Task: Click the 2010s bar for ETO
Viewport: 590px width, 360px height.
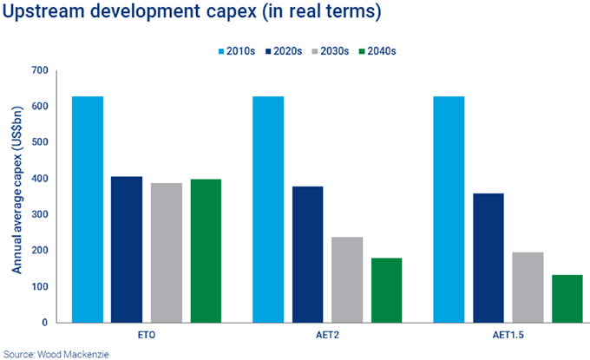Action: point(88,209)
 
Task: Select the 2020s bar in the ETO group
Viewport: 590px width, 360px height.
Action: point(127,250)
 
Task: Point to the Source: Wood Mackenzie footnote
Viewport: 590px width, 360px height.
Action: point(49,352)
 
